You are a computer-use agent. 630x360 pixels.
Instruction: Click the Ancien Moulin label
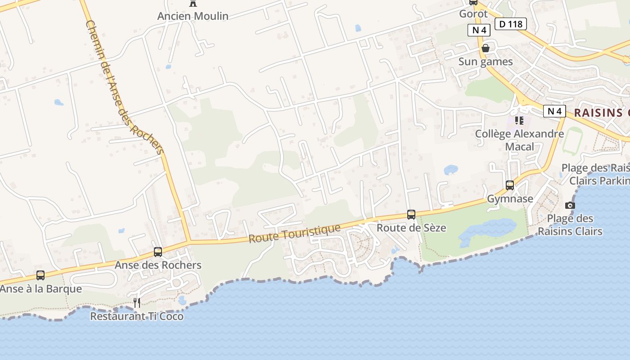[193, 16]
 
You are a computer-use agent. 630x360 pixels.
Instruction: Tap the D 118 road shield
[511, 24]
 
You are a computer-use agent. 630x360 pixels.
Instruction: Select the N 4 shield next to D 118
[479, 30]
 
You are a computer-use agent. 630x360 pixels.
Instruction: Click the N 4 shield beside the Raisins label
[554, 111]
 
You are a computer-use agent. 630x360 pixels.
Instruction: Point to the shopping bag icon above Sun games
[486, 48]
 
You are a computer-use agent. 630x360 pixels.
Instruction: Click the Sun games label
[486, 62]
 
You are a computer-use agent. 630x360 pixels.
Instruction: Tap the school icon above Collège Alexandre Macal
[519, 121]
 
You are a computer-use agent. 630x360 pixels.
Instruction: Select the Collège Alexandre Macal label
[520, 140]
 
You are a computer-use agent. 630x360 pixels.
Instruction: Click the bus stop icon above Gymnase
[510, 185]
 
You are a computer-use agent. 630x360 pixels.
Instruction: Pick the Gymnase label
[510, 199]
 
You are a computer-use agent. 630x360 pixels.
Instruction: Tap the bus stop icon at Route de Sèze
[411, 214]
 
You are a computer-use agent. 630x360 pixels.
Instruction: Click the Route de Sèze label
[411, 228]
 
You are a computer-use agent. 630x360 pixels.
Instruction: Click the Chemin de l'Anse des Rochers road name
[124, 88]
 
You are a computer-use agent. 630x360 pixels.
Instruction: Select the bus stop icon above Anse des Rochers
[158, 252]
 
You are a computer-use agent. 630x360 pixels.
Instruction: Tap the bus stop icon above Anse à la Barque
[40, 275]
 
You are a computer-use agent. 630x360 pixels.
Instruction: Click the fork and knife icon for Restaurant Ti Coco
[137, 303]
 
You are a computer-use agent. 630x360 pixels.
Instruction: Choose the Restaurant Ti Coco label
[137, 316]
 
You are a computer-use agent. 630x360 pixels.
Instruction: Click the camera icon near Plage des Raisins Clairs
[570, 206]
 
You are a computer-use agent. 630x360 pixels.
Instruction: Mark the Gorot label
[473, 13]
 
